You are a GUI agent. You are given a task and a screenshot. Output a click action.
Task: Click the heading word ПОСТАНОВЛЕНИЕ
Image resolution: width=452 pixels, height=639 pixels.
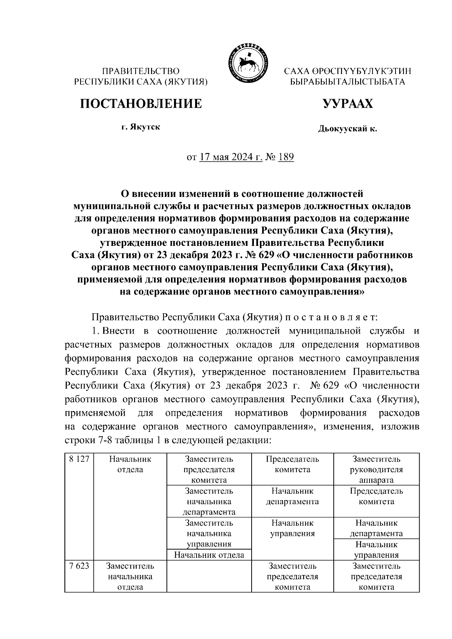(141, 104)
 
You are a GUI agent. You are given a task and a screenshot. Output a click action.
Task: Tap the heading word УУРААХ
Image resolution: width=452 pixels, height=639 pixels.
(348, 104)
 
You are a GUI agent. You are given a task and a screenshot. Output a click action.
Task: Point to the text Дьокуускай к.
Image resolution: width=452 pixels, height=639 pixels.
(347, 129)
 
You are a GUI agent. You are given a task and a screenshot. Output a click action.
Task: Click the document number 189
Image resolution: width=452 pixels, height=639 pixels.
(286, 157)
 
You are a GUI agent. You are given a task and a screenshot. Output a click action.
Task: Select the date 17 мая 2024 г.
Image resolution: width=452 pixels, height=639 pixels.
(231, 157)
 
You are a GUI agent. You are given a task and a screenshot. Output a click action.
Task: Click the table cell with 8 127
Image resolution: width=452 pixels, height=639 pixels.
(79, 459)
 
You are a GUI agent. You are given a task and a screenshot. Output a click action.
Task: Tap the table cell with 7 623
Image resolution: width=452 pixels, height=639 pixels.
(79, 566)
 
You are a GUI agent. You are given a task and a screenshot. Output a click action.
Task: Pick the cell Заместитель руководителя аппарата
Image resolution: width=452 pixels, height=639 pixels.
(376, 470)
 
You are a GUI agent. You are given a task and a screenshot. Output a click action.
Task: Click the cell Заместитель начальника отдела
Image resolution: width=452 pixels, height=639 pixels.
(130, 576)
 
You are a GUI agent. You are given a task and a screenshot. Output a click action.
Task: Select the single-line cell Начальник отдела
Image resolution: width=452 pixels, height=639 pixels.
(209, 555)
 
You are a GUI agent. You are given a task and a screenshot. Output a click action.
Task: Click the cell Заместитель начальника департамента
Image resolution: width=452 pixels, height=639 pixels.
(209, 502)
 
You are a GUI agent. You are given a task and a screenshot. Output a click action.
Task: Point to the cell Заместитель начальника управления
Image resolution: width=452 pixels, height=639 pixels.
(209, 534)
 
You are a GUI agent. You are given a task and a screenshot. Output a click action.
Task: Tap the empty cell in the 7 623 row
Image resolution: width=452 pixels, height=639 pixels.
(209, 576)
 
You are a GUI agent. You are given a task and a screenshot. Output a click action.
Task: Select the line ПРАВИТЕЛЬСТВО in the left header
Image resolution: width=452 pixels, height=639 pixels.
(141, 71)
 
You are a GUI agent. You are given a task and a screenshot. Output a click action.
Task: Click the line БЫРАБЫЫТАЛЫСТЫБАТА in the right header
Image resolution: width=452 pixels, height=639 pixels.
(347, 82)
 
